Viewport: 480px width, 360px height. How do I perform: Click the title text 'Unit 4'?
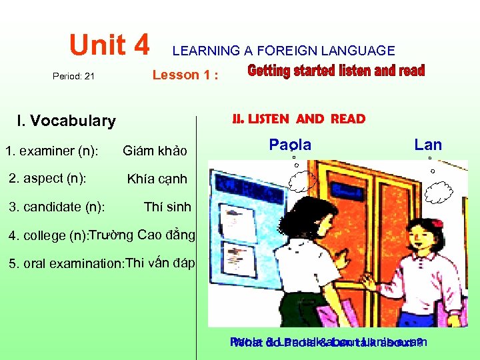110,45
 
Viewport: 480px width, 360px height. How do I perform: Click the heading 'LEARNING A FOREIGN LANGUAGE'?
283,51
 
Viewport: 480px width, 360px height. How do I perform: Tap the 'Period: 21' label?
73,76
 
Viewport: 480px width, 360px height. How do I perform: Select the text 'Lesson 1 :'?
185,75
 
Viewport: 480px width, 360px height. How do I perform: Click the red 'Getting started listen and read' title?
336,71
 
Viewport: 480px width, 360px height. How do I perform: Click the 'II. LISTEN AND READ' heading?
299,119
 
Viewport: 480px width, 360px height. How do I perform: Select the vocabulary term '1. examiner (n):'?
52,151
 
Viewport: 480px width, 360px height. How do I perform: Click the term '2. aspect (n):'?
47,178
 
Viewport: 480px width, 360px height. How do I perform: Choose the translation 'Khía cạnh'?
157,179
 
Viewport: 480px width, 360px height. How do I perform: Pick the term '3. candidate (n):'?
57,207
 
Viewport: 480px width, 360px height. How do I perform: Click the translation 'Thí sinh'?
167,207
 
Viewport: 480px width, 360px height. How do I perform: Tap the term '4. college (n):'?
47,235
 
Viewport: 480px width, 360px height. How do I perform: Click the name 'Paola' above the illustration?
290,144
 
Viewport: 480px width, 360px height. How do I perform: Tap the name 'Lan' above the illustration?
428,144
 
